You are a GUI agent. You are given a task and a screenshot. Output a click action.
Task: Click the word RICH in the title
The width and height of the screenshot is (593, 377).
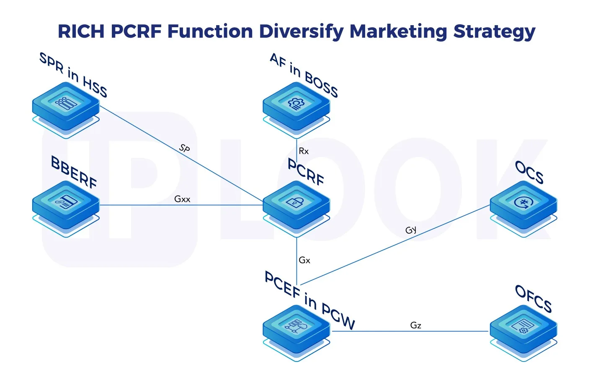[x=81, y=31]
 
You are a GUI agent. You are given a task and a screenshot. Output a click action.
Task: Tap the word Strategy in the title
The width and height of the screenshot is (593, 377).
[x=494, y=32]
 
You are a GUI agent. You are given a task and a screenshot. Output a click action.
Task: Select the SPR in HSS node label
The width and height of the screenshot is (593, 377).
[x=73, y=75]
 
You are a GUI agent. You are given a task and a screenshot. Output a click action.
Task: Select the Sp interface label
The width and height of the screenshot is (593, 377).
[x=185, y=148]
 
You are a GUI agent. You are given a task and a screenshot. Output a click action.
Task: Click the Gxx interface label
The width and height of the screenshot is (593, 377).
[x=182, y=199]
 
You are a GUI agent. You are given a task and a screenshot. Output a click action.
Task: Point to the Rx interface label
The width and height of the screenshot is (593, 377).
[x=304, y=151]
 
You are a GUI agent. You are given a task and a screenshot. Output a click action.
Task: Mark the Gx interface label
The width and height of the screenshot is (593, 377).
[x=304, y=260]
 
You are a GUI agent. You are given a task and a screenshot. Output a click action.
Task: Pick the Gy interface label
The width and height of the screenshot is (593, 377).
[x=411, y=230]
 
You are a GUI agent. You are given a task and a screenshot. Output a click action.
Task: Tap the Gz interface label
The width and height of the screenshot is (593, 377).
[x=415, y=325]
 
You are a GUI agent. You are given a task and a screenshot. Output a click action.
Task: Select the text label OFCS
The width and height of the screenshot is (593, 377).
[x=533, y=299]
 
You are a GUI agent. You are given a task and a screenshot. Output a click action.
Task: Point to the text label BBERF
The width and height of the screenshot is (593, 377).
[x=74, y=172]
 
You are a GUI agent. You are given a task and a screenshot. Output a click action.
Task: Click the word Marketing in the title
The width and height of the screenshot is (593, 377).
[x=398, y=32]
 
